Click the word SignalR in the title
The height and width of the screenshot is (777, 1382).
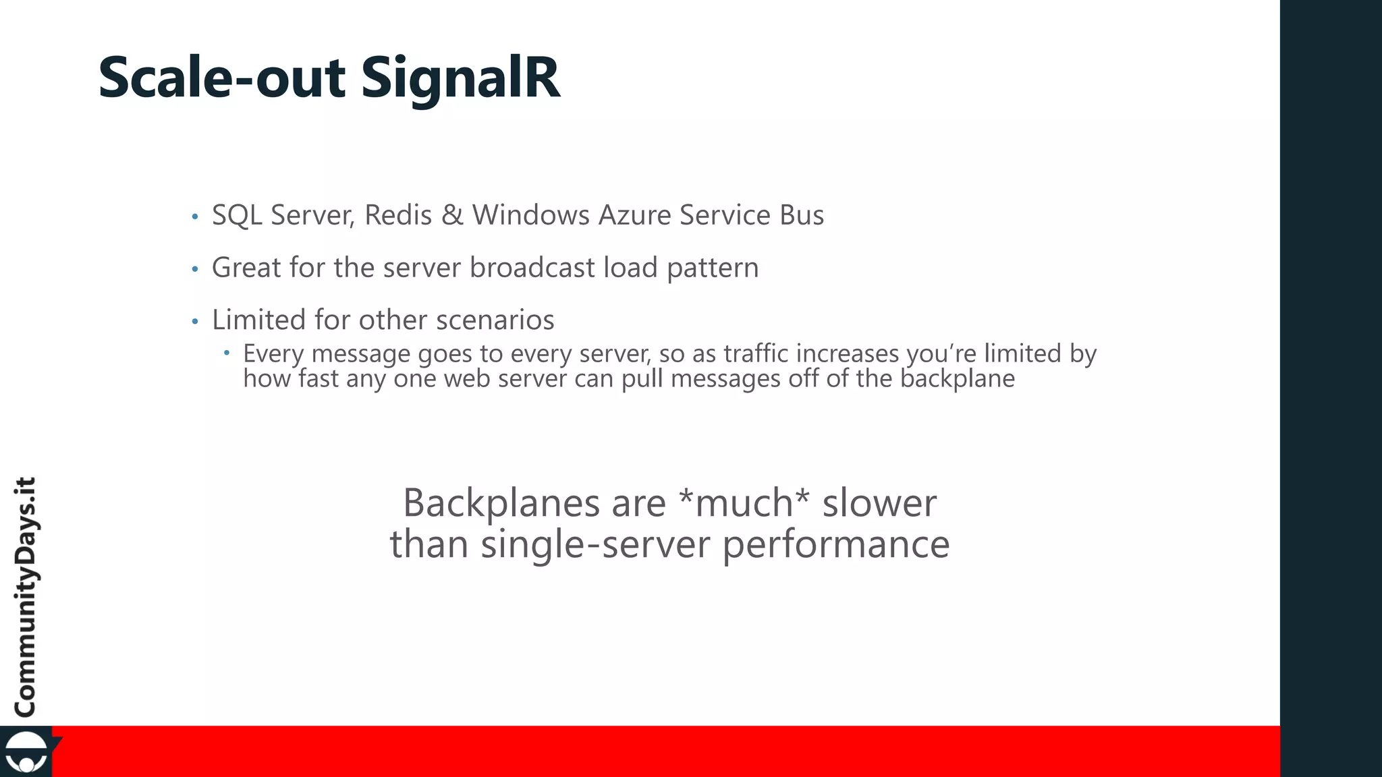[460, 78]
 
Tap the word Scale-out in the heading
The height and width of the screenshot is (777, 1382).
[222, 78]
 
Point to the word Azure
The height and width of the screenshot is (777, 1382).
[635, 215]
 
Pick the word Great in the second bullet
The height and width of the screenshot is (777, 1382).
[246, 268]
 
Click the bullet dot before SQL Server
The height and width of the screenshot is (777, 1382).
[195, 217]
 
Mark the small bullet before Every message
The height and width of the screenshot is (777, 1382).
[227, 352]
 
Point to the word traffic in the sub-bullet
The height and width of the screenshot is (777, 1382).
[756, 353]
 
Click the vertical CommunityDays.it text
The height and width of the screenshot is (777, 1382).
[26, 597]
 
